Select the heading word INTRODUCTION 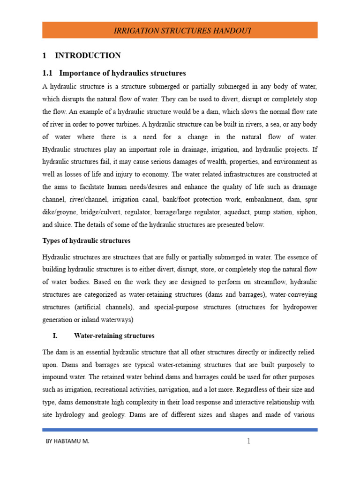pyautogui.click(x=88, y=56)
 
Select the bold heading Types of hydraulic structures pyautogui.click(x=86, y=240)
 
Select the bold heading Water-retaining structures pyautogui.click(x=114, y=336)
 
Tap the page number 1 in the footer pyautogui.click(x=249, y=441)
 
